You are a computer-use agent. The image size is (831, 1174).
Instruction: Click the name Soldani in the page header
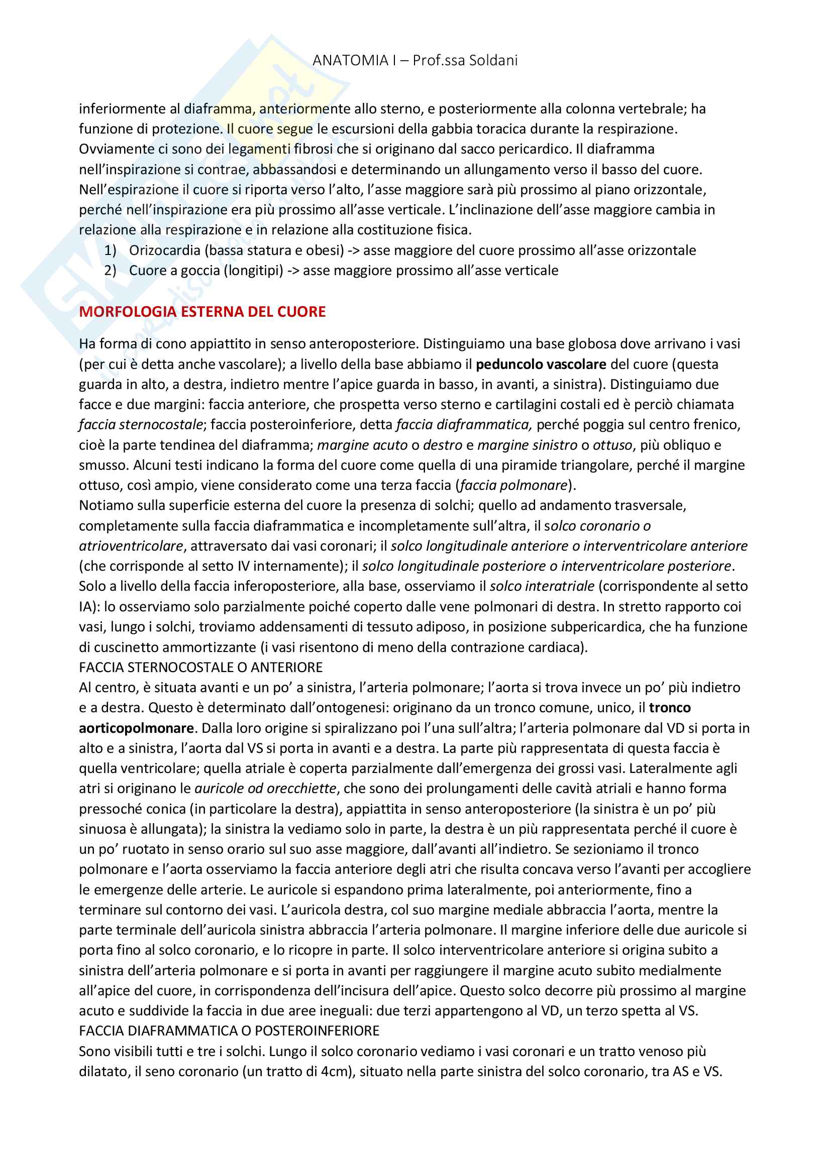point(492,60)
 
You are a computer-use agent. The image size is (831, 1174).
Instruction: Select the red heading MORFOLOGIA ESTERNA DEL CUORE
point(202,311)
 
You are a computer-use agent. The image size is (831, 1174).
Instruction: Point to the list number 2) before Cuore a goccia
point(110,270)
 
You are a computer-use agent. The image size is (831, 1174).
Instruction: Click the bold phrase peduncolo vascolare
point(541,364)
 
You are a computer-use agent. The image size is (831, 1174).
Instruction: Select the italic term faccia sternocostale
point(141,425)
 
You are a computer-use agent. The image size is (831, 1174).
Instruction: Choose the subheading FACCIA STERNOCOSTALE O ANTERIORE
point(200,667)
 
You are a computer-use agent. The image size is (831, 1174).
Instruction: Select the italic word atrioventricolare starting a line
point(131,546)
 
